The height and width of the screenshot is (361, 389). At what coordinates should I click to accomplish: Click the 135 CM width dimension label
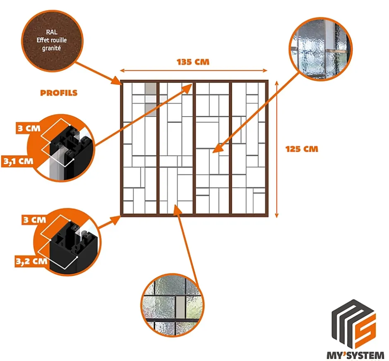[x=193, y=62]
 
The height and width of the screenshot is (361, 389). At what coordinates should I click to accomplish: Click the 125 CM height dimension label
[x=302, y=149]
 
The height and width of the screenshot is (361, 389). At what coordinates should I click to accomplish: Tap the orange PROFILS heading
[x=59, y=93]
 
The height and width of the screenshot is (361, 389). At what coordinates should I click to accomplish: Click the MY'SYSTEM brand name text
[x=354, y=354]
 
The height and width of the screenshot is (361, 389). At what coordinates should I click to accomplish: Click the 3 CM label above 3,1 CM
[x=29, y=128]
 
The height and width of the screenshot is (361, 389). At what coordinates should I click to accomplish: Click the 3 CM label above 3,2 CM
[x=34, y=220]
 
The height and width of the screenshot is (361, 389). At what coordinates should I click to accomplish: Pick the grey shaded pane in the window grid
[x=151, y=96]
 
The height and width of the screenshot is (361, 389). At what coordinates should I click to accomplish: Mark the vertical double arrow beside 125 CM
[x=276, y=149]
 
